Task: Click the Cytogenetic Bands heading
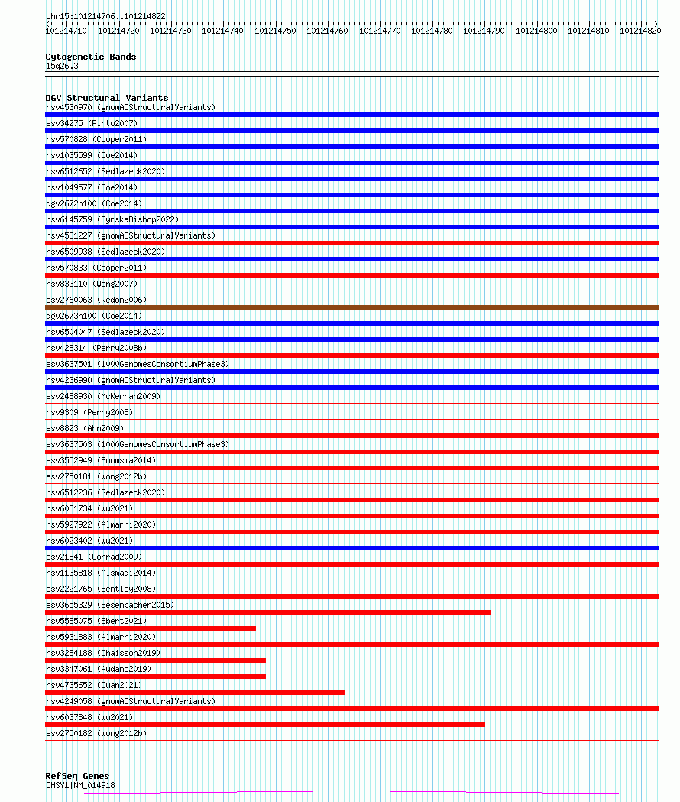coord(90,57)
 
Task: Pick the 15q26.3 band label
coord(62,66)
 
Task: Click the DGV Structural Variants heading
coord(106,98)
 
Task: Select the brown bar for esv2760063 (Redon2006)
coord(351,307)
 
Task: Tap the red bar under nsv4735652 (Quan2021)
coord(195,693)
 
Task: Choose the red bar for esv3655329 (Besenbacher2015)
coord(267,612)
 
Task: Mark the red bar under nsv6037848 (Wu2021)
coord(264,725)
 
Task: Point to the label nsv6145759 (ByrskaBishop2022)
coord(112,219)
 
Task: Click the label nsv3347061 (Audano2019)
coord(98,669)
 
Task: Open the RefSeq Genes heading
coord(77,776)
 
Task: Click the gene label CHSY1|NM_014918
coord(80,785)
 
